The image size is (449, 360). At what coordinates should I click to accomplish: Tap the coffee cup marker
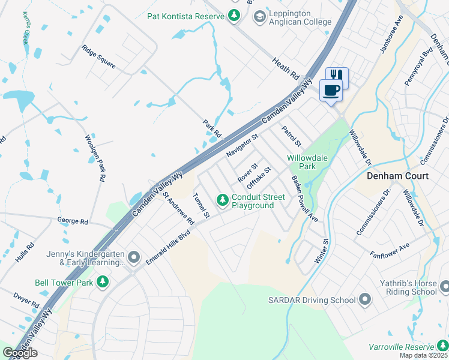332,91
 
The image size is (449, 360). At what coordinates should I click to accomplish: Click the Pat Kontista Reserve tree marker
234,16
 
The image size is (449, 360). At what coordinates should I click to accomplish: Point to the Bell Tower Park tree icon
103,281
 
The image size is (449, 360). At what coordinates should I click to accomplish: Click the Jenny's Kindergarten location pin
134,258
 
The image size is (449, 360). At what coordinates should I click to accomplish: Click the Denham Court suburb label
398,176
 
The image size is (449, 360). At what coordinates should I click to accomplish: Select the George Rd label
73,221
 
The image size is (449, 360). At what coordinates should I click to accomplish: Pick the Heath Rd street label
285,69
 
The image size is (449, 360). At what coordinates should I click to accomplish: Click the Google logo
20,353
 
